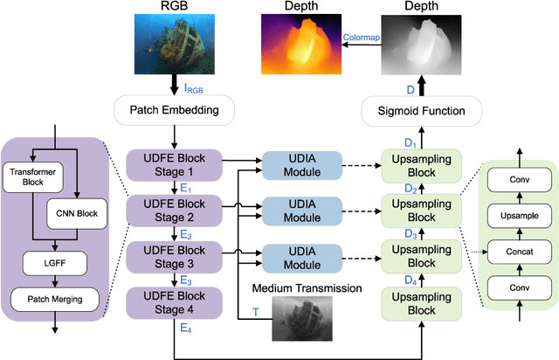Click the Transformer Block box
point(31,177)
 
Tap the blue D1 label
point(409,142)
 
